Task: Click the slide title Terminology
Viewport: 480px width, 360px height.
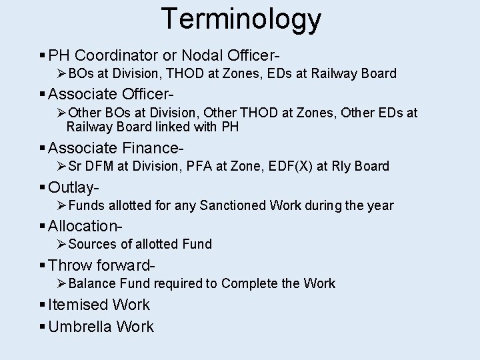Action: (241, 19)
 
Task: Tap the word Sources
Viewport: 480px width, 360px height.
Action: (92, 244)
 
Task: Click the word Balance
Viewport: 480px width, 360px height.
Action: (93, 283)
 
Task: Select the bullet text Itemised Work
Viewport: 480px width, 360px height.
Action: (99, 305)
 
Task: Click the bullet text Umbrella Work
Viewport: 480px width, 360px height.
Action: (101, 327)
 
